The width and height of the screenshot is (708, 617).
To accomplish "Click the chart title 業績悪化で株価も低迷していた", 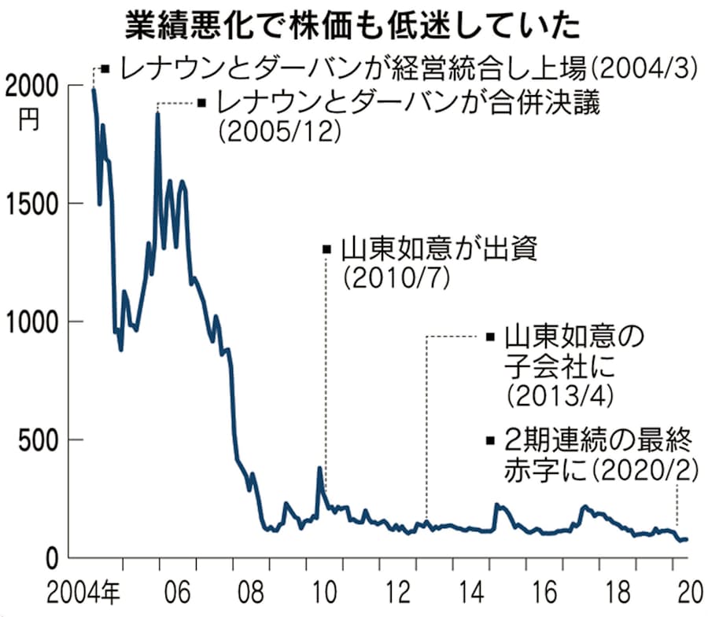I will pyautogui.click(x=353, y=25).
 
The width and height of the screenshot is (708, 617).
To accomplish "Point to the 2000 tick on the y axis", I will pyautogui.click(x=31, y=85).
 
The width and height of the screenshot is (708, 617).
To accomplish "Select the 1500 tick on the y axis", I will pyautogui.click(x=31, y=203).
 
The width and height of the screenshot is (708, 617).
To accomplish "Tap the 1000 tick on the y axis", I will pyautogui.click(x=31, y=321).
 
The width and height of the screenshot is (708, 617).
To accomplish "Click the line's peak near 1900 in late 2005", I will pyautogui.click(x=158, y=113).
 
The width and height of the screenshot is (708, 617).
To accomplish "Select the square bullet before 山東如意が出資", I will pyautogui.click(x=327, y=250).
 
